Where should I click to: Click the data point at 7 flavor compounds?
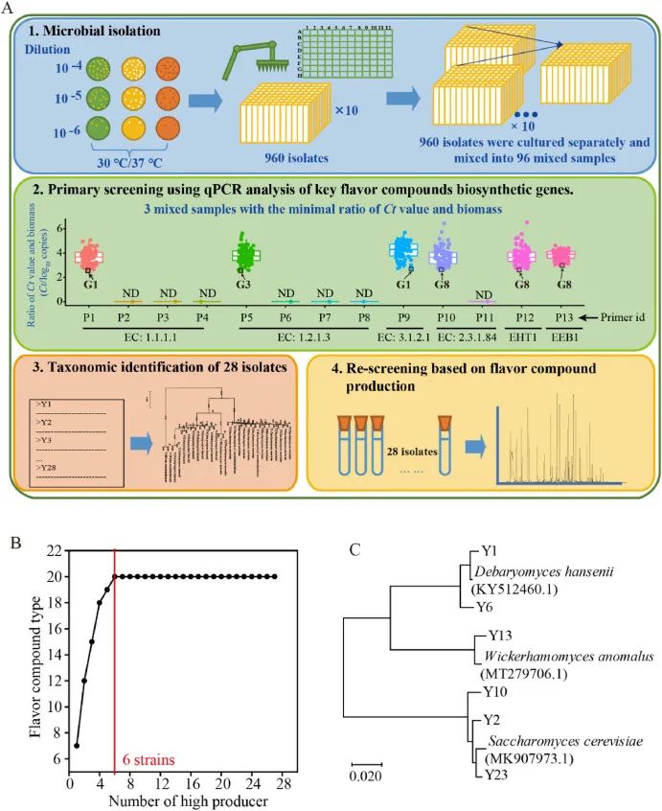(76, 744)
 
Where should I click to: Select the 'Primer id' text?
(626, 315)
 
